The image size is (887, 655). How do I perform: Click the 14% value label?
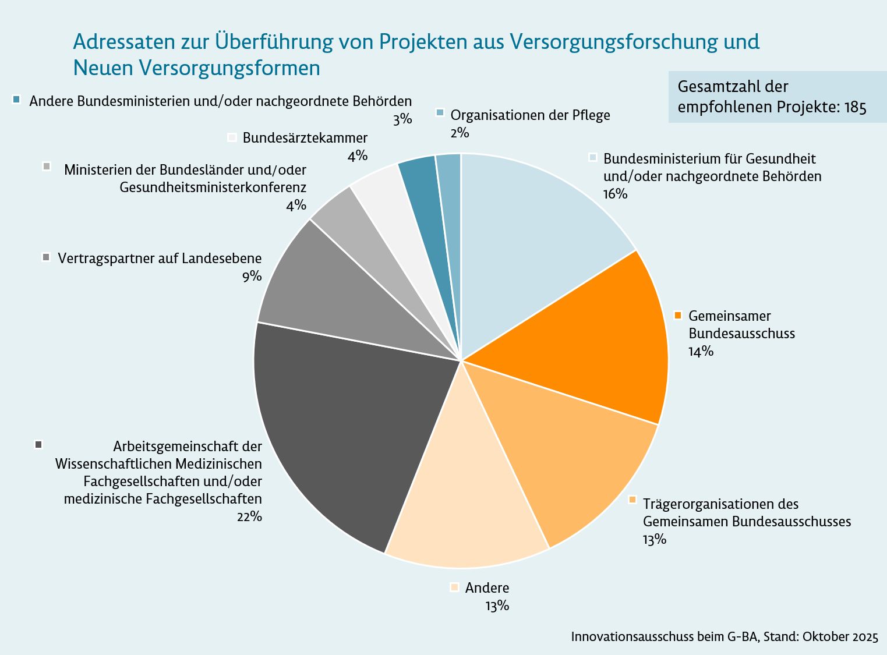point(701,351)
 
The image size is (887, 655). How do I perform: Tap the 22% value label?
point(249,516)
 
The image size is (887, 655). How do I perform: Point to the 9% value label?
point(252,276)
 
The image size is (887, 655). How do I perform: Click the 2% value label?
point(460,133)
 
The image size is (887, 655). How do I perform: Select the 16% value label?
point(616,194)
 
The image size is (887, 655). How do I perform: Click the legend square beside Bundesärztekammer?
point(232,137)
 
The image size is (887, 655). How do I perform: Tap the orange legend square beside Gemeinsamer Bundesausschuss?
point(678,316)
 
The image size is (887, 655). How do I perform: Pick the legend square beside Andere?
point(454,587)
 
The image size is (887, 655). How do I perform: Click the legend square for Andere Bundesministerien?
point(16,100)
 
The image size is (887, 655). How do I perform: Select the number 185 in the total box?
point(856,107)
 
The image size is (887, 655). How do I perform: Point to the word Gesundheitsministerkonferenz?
point(213,187)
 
